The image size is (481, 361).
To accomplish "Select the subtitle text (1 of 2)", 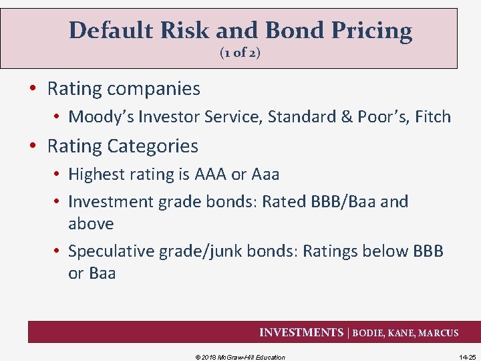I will (x=240, y=53).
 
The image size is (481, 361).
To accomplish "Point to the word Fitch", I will (x=432, y=117).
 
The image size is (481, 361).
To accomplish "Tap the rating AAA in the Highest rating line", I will (x=210, y=174).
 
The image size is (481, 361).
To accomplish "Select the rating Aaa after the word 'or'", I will (x=266, y=174).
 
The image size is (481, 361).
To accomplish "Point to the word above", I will (x=91, y=223).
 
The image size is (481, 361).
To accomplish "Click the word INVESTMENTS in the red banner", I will (x=301, y=333).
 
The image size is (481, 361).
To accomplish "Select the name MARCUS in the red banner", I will (x=438, y=333).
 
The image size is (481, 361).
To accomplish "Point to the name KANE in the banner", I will (x=399, y=333).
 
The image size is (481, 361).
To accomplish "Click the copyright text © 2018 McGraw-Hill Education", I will (x=240, y=357).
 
